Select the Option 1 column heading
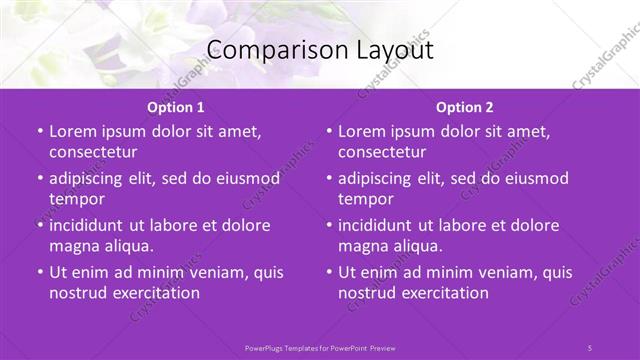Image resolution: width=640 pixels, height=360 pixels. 176,107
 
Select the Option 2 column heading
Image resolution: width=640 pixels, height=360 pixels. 464,107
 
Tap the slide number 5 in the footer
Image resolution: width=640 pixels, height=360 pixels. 590,347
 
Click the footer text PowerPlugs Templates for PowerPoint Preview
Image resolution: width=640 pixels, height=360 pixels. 320,347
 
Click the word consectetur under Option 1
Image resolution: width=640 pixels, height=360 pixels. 93,152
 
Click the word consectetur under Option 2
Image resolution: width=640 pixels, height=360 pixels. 382,152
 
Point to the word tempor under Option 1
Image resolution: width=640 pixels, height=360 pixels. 76,199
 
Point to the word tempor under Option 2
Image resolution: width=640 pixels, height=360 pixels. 365,199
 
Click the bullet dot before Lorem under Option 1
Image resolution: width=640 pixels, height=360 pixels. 40,132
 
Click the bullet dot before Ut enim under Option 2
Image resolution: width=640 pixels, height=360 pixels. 329,272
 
